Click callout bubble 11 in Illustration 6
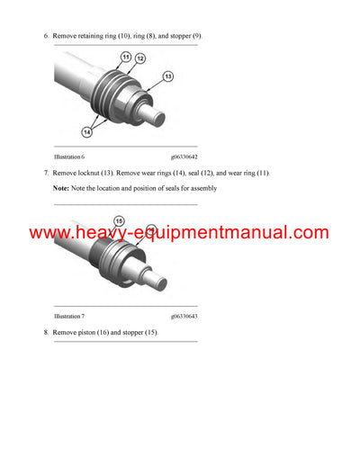click(x=126, y=58)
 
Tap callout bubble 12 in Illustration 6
click(x=139, y=59)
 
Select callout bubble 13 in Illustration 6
click(x=167, y=77)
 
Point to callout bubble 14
click(x=86, y=131)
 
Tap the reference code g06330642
click(x=188, y=157)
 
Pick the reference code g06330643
click(x=188, y=317)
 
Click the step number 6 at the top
click(x=46, y=36)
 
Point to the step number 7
click(x=46, y=173)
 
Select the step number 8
click(x=46, y=333)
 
